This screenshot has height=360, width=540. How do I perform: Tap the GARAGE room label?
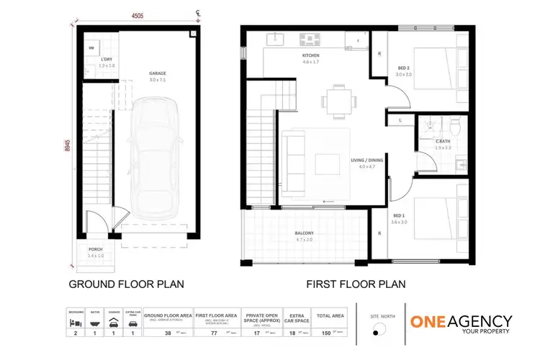pos(157,73)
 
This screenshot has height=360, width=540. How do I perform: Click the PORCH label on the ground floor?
pos(96,250)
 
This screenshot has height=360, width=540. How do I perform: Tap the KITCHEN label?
pos(311,55)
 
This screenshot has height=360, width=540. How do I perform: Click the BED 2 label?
pos(403,69)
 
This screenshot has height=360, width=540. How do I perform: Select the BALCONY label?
pos(304,233)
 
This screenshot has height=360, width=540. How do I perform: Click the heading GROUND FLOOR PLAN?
pos(126,284)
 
